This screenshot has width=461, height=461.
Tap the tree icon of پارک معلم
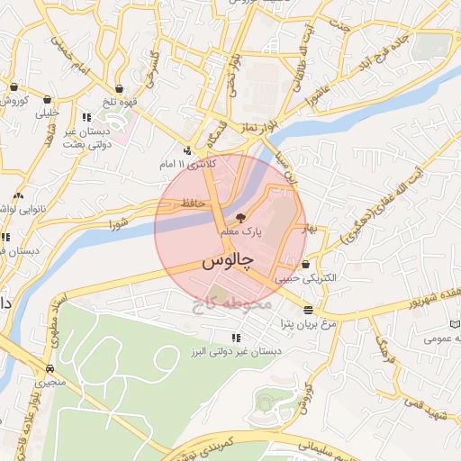coord(240,218)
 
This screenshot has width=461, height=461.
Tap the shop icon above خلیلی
coord(47,101)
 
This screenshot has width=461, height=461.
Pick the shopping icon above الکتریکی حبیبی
coord(307,265)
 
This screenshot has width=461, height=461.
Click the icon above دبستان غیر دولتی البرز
coord(236,338)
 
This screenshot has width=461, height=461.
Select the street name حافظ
coord(194,203)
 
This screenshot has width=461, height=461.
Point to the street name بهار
coord(311,228)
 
